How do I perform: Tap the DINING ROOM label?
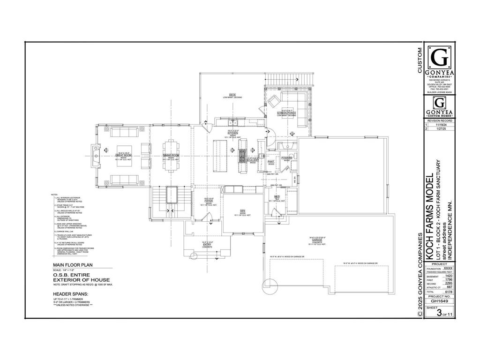[171, 155]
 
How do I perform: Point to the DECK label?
[232, 95]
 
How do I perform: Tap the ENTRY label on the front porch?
[207, 244]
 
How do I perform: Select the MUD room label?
[277, 196]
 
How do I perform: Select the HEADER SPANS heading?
[70, 294]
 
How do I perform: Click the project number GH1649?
[438, 302]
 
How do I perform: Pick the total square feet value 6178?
[448, 291]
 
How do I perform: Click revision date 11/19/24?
[440, 125]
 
